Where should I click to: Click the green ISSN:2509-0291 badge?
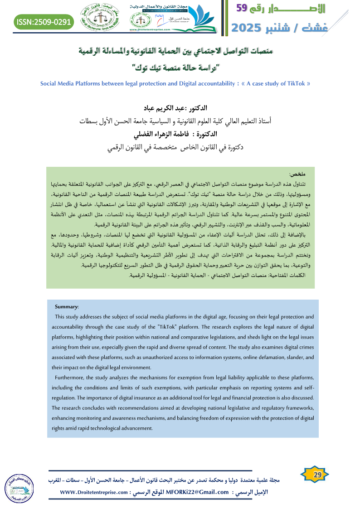pyautogui.click(x=44, y=21)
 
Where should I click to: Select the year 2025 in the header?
pyautogui.click(x=249, y=28)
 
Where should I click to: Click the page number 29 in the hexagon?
pyautogui.click(x=317, y=475)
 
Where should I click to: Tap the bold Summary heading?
pyautogui.click(x=67, y=307)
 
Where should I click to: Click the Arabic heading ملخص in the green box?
pyautogui.click(x=297, y=174)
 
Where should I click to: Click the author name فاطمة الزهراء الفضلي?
pyautogui.click(x=162, y=135)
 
